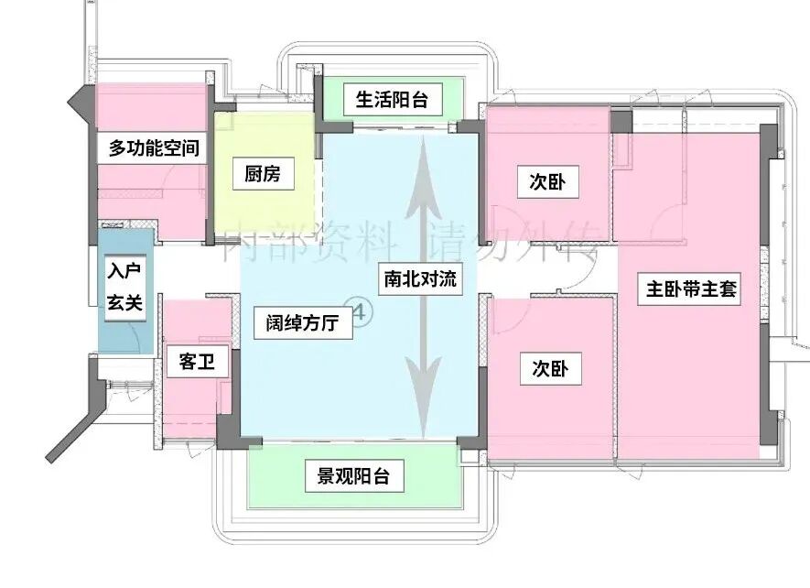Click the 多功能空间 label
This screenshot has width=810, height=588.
(x=154, y=147)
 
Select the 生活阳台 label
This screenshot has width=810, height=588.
(x=392, y=99)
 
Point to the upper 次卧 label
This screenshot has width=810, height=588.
(x=547, y=182)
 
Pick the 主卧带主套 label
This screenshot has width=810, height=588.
(x=693, y=290)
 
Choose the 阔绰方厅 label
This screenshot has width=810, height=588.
(x=303, y=321)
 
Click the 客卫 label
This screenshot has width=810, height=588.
(x=197, y=362)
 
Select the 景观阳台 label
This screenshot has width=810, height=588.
(x=353, y=476)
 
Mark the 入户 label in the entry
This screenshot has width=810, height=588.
(x=124, y=272)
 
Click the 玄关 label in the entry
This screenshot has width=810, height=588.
(x=124, y=302)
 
